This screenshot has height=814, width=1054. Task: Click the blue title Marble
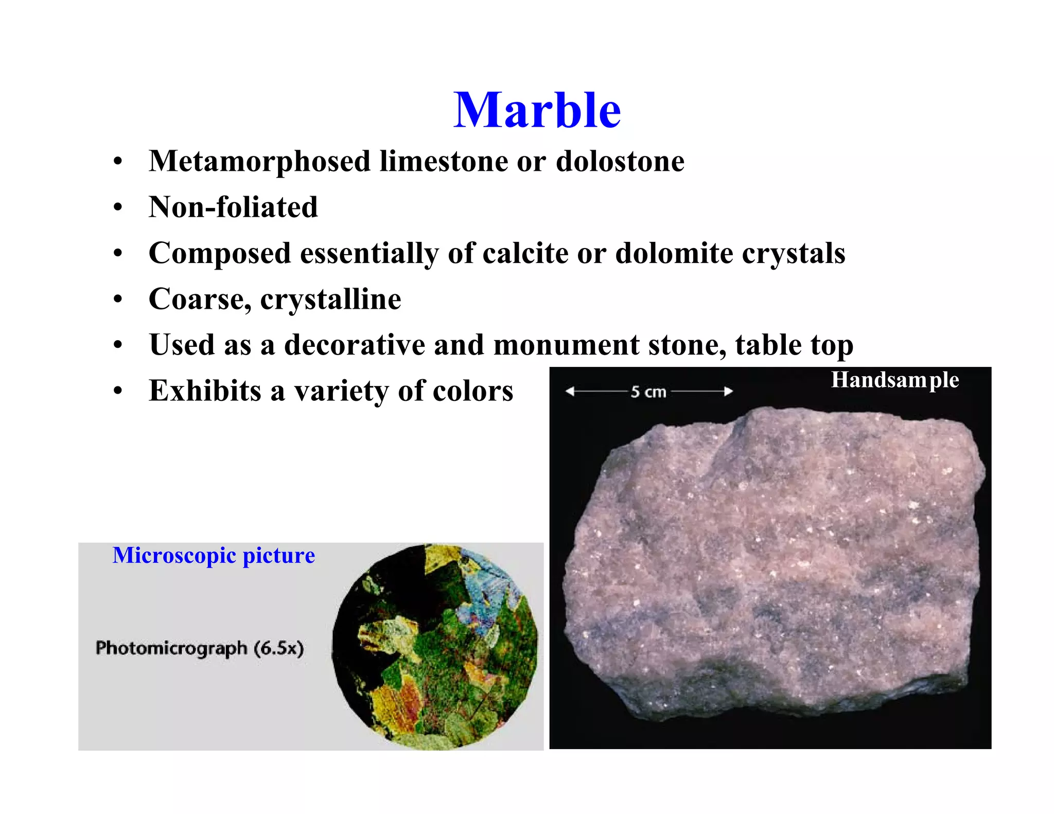point(537,110)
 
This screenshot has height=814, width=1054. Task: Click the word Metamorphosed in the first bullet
point(259,161)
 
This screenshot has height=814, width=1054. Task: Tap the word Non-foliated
point(233,207)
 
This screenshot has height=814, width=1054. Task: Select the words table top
point(794,345)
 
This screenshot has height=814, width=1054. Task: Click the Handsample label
point(894,380)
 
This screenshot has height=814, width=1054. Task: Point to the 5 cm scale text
point(648,392)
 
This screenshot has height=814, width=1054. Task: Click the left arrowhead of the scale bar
point(570,392)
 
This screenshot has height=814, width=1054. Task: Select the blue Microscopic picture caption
point(214,556)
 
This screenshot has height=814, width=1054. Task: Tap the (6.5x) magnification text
point(279,648)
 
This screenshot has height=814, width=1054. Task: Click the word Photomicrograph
point(171,648)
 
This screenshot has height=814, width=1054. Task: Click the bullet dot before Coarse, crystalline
point(118,299)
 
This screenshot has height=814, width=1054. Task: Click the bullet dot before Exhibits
point(118,391)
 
